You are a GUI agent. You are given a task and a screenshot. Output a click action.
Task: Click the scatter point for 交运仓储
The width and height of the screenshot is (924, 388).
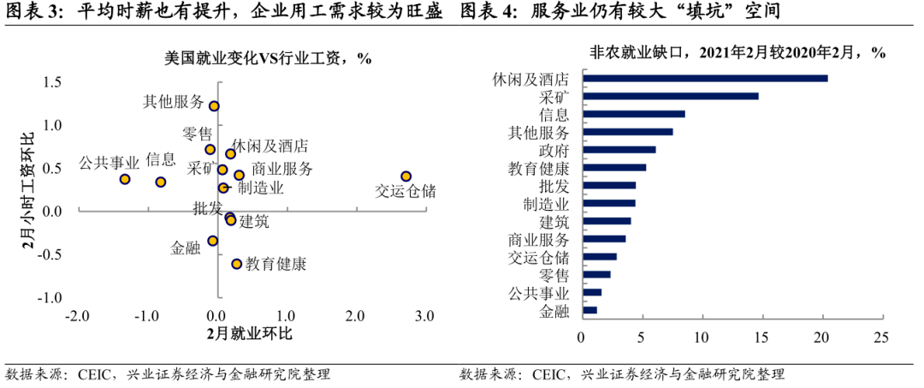click(x=406, y=176)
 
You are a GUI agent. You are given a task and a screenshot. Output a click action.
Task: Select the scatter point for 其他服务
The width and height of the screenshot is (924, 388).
click(x=214, y=106)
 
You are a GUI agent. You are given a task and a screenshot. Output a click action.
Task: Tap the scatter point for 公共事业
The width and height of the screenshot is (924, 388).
click(x=125, y=179)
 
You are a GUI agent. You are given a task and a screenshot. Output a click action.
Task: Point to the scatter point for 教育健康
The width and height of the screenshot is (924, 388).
click(x=236, y=264)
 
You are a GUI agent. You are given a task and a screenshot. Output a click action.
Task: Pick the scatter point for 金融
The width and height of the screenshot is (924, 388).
click(x=213, y=241)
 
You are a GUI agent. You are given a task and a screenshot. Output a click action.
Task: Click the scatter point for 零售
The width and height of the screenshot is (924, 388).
click(x=210, y=149)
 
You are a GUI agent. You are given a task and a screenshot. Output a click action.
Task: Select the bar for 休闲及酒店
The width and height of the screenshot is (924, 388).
click(x=704, y=78)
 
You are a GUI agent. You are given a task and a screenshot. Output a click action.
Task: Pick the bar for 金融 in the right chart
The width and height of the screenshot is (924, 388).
click(x=589, y=310)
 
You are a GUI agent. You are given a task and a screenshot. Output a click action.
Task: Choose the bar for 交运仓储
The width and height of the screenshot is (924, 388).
click(x=599, y=256)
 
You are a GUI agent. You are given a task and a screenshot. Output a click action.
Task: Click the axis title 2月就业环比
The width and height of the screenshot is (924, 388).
click(x=250, y=333)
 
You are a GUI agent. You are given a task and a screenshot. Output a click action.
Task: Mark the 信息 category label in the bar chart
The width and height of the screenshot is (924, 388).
click(x=554, y=114)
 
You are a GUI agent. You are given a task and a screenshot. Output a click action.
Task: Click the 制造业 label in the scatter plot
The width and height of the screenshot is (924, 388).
click(x=261, y=188)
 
